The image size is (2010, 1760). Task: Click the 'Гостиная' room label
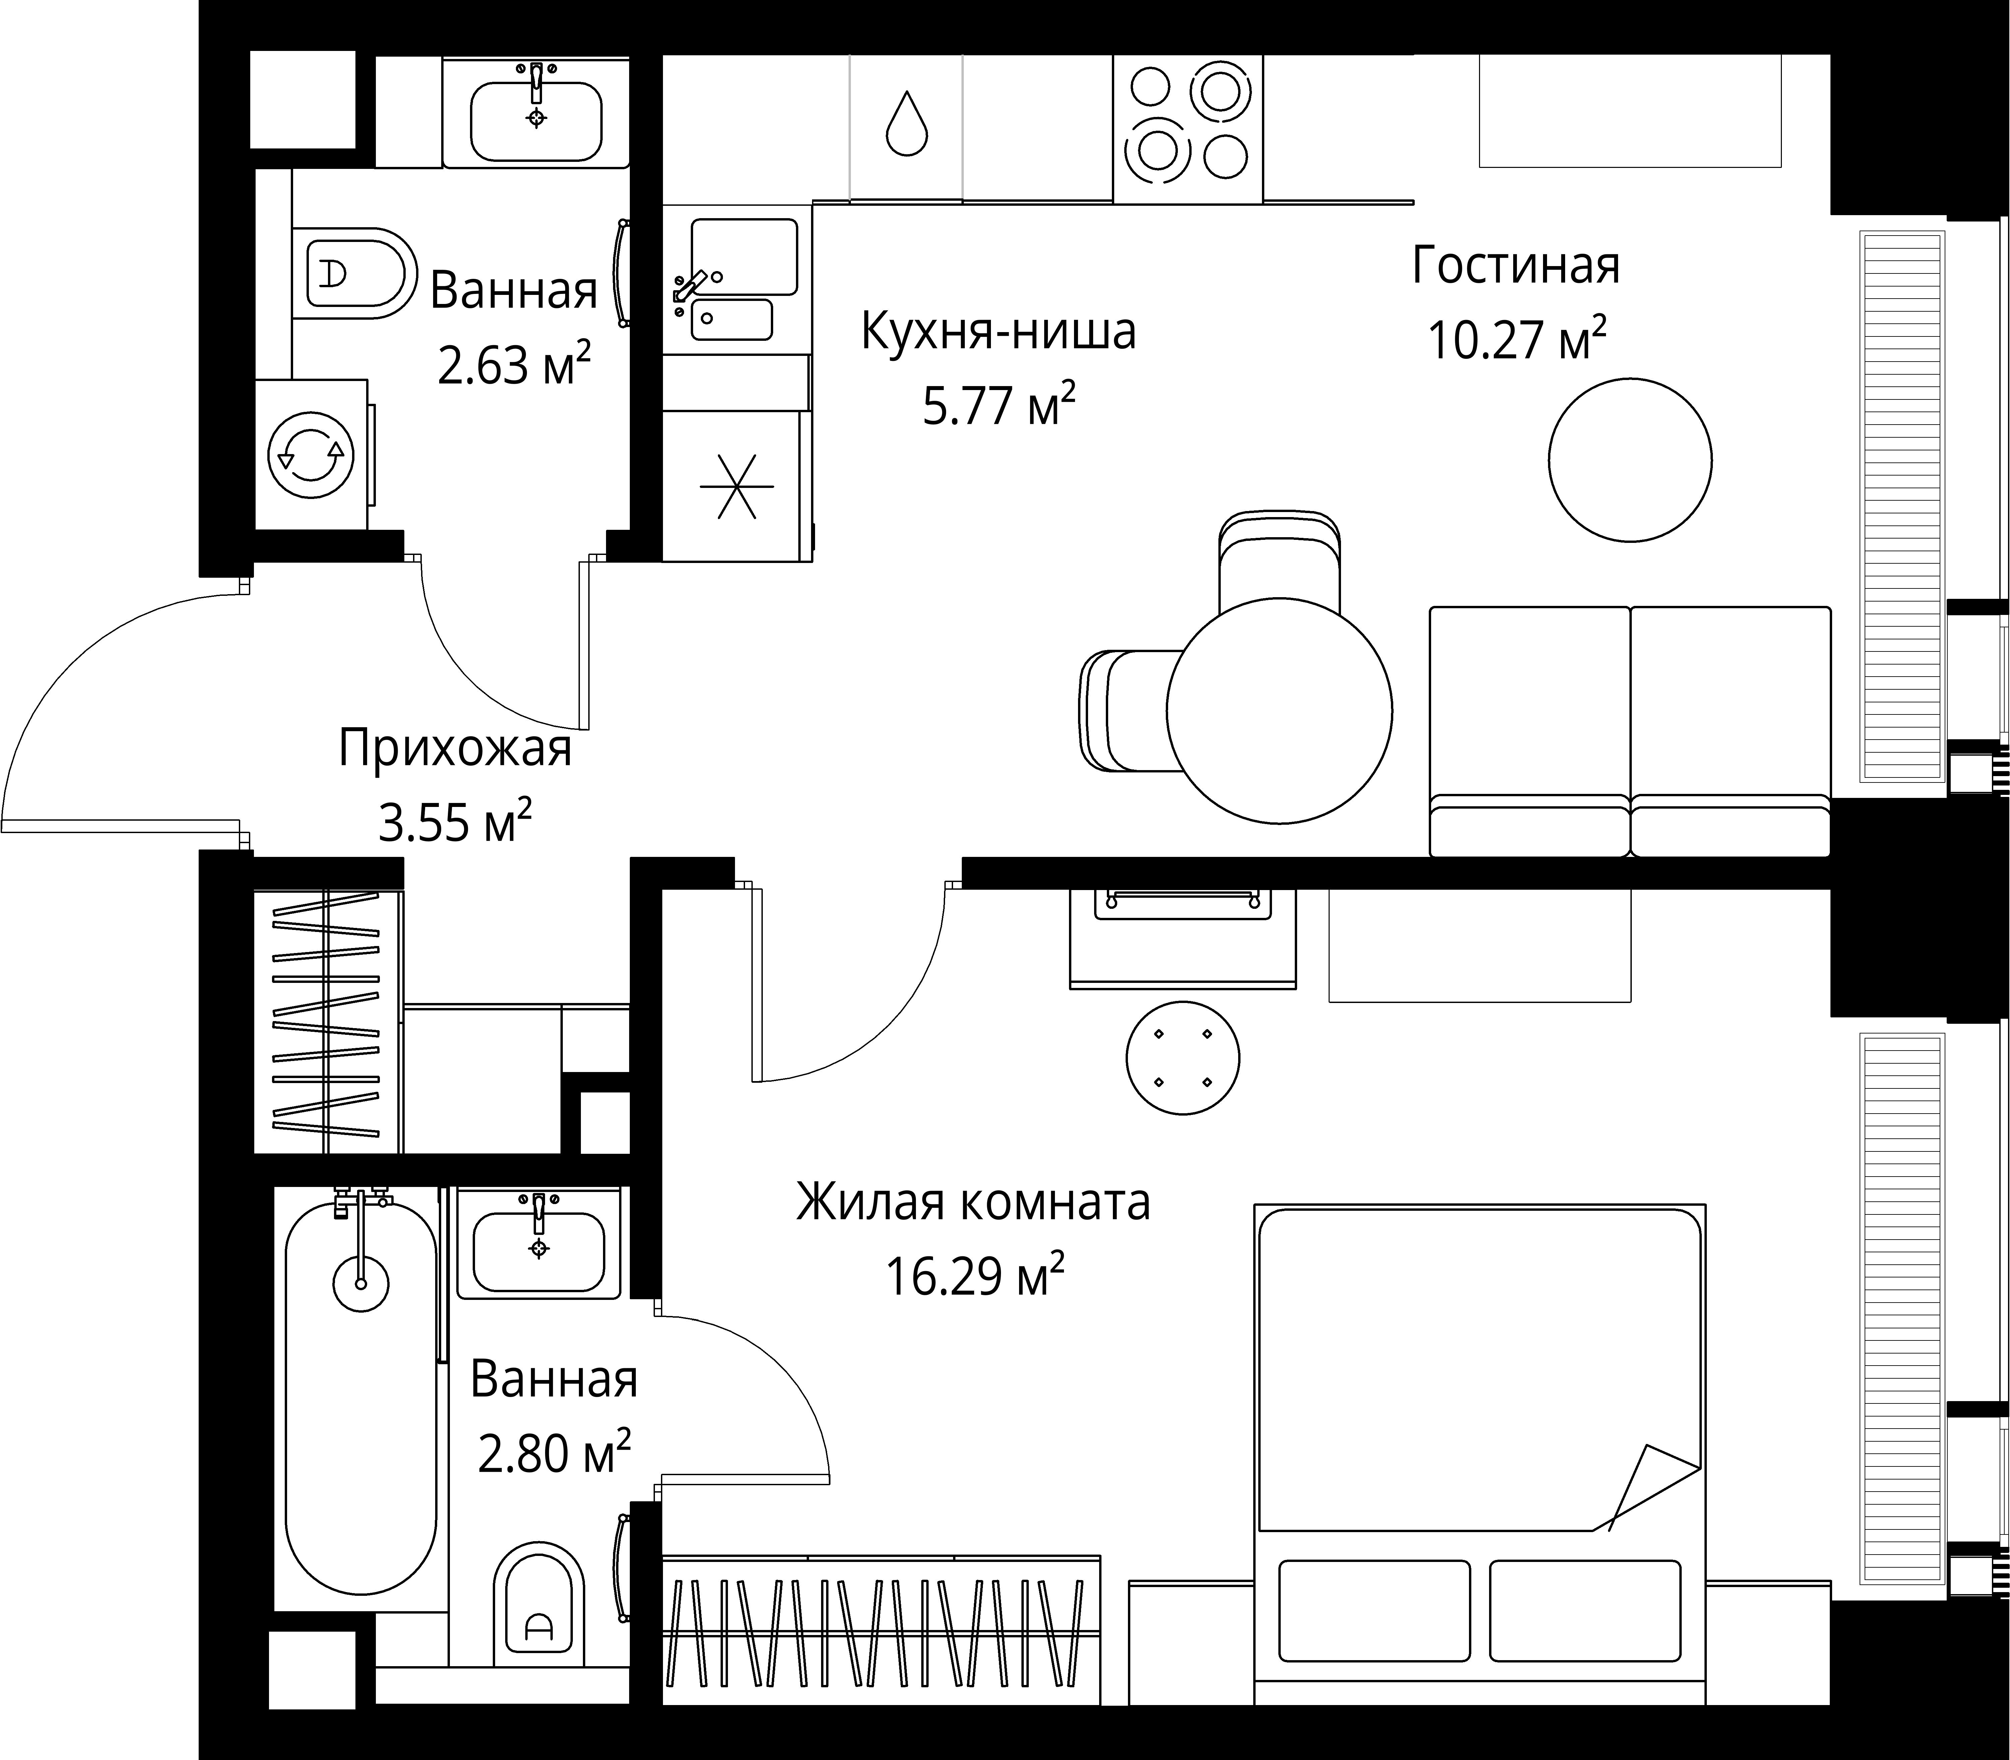(1515, 266)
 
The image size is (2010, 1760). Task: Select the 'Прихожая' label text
(455, 748)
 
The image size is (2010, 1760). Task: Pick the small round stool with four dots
(1182, 1058)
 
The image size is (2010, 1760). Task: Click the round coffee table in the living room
(1630, 460)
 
